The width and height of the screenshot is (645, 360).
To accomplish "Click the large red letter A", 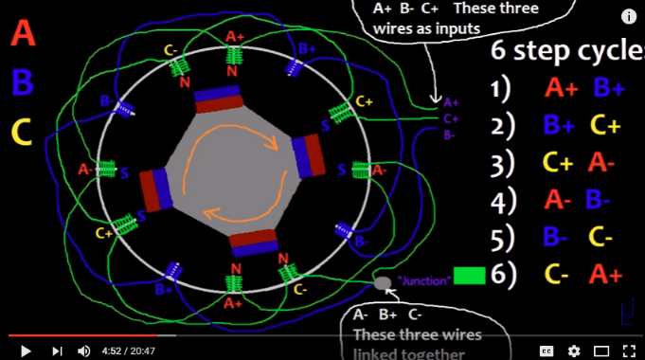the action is click(24, 36).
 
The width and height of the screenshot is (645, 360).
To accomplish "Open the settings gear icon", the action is click(574, 350).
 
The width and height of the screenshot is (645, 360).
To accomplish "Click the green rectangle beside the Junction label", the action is click(470, 276).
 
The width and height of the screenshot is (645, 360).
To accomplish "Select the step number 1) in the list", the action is click(502, 89).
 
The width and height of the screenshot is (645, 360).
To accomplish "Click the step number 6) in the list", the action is click(502, 275).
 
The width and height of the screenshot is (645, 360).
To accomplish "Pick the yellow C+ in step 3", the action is click(557, 162).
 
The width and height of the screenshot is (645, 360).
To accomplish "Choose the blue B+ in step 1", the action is click(609, 89).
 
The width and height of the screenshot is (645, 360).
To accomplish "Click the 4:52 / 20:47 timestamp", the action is click(129, 350).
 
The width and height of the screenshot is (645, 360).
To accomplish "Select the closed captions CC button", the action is click(546, 350).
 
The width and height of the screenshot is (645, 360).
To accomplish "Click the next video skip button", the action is click(56, 350).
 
